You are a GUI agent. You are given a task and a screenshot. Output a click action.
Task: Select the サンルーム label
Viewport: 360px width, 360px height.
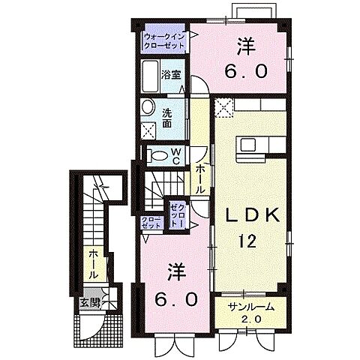pos(251,307)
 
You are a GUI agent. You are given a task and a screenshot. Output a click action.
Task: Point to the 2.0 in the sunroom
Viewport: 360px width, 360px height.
pos(252,319)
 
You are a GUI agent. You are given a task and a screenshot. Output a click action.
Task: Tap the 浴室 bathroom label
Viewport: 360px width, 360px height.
pos(172,75)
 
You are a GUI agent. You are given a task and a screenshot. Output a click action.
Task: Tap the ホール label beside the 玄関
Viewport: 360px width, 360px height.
pos(91,265)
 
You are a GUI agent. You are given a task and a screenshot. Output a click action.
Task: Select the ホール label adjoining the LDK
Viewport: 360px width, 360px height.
pos(200,180)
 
